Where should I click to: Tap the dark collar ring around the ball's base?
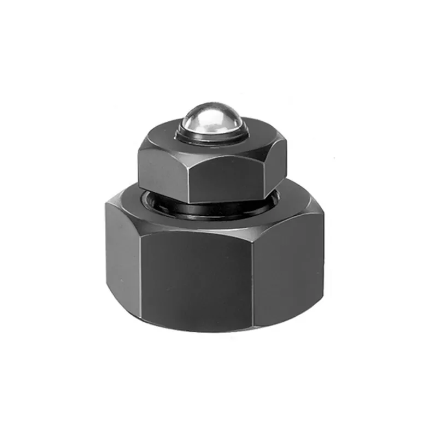pyautogui.click(x=213, y=138)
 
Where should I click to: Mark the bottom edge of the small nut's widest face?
pyautogui.click(x=224, y=200)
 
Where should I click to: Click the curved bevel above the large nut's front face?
pyautogui.click(x=202, y=228)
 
